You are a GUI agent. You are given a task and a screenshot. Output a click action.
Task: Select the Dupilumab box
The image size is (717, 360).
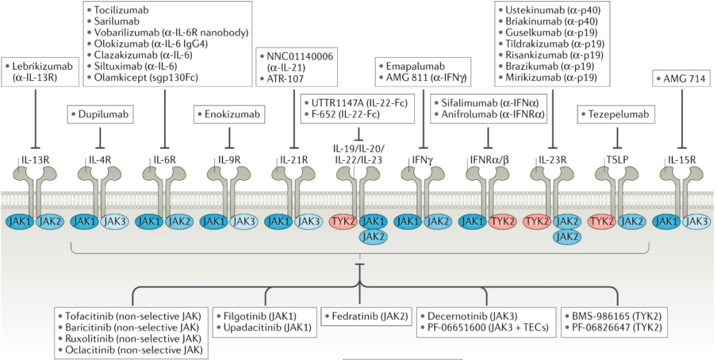click(100, 115)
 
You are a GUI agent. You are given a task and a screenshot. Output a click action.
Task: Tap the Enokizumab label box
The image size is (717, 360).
click(229, 115)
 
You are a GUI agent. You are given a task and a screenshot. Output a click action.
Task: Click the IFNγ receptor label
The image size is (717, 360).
click(423, 160)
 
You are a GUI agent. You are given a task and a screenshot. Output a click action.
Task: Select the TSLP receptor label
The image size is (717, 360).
click(618, 160)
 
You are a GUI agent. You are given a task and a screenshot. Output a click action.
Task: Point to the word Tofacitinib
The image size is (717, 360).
click(91, 316)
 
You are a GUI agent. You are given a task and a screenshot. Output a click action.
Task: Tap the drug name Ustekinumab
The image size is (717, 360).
click(532, 11)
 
